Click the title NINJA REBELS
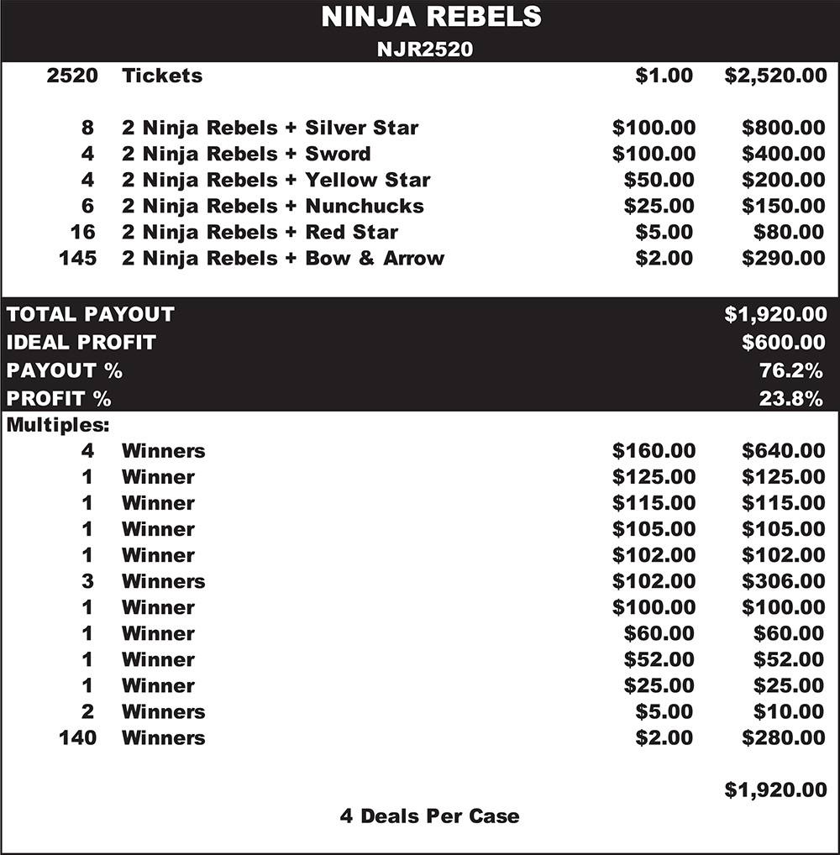click(x=430, y=17)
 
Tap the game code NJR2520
click(x=424, y=50)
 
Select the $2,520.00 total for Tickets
click(x=775, y=76)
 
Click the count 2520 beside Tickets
click(x=73, y=76)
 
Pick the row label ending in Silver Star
click(x=270, y=128)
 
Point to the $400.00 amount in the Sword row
click(x=783, y=154)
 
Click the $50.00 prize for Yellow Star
click(x=659, y=180)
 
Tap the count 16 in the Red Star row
click(x=83, y=232)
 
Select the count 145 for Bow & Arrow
click(x=77, y=258)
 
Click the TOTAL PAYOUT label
click(x=91, y=314)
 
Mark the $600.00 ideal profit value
click(x=783, y=342)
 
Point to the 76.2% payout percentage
click(x=790, y=370)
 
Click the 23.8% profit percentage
click(x=790, y=398)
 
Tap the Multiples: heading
click(x=58, y=425)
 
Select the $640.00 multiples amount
click(x=783, y=451)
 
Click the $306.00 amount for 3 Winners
click(x=783, y=581)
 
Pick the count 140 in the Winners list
click(x=77, y=737)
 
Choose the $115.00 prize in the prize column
click(x=654, y=503)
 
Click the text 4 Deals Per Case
click(x=429, y=816)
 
